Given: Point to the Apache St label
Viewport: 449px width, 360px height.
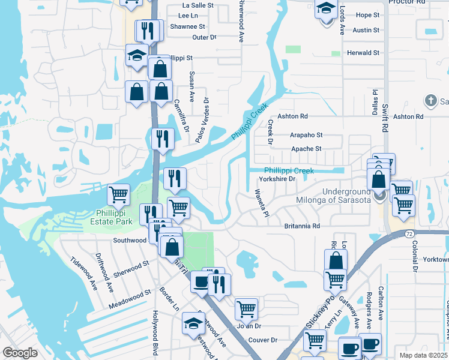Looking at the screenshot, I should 306,149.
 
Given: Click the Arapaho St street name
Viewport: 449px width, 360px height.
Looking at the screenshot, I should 306,136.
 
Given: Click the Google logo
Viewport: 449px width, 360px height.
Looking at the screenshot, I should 20,352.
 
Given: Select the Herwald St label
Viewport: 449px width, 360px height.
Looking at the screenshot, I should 363,53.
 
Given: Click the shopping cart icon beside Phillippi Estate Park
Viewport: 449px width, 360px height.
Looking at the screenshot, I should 119,194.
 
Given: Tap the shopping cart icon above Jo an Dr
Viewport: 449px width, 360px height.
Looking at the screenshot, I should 246,308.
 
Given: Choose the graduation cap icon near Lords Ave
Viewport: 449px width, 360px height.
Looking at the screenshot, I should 326,10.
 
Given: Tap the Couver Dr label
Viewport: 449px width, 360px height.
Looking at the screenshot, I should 262,340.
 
